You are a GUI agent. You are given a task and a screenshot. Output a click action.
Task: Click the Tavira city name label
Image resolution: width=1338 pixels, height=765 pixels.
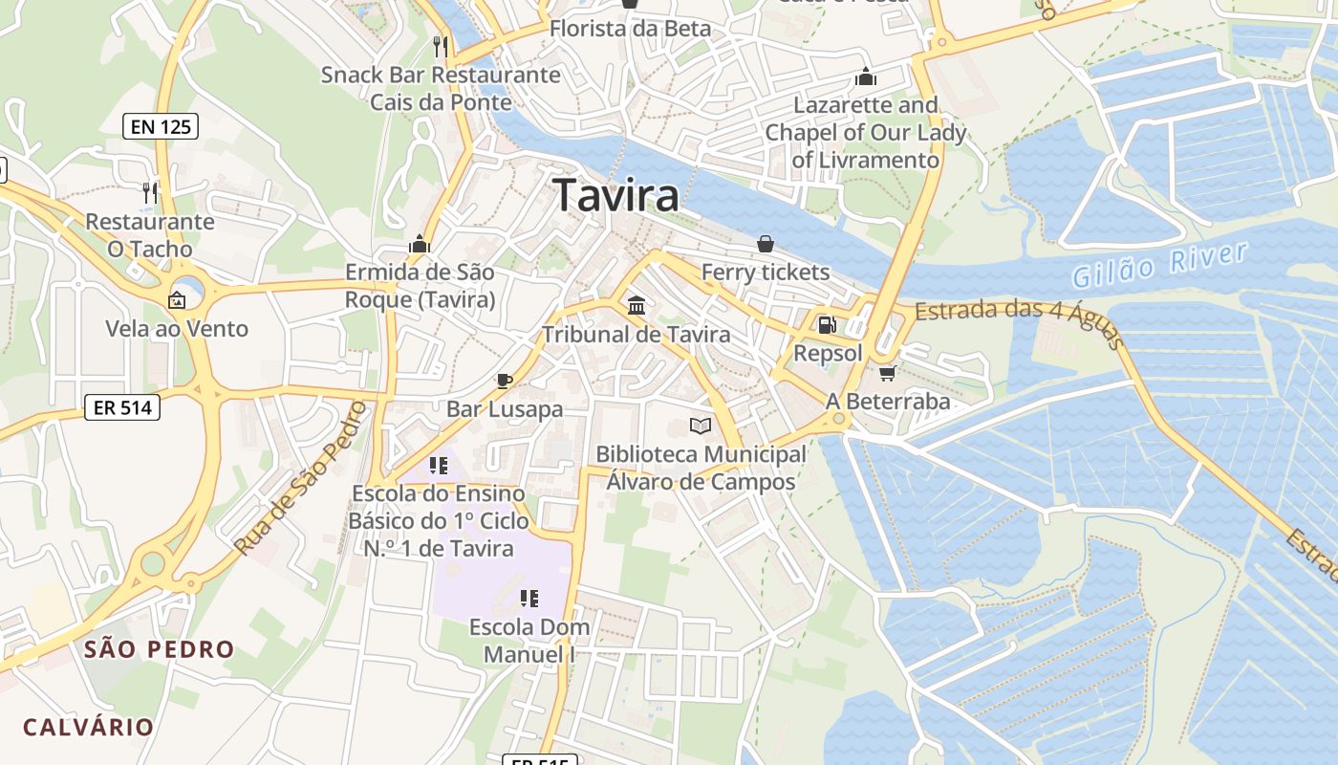pos(616,196)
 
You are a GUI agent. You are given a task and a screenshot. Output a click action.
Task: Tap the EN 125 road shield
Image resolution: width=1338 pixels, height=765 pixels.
pos(161,125)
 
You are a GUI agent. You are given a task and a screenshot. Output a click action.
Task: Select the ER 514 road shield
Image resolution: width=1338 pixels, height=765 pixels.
pos(121,407)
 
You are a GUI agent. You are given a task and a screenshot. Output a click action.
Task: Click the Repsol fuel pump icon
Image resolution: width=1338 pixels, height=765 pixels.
pos(827,325)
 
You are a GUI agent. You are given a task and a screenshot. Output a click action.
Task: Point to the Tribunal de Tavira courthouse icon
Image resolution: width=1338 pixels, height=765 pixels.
pos(636,306)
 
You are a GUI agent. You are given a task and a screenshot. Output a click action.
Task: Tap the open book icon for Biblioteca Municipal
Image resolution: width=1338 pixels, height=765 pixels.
pos(701,426)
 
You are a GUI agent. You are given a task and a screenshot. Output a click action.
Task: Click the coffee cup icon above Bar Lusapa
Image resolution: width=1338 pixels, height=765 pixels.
pos(505,381)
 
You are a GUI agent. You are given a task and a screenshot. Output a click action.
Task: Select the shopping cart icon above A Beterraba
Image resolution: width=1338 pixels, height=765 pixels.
pos(887,373)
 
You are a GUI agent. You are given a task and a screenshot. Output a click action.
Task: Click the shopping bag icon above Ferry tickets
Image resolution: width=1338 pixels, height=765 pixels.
pos(766,244)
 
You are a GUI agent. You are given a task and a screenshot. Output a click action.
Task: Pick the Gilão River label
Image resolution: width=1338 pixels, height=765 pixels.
pos(1159,265)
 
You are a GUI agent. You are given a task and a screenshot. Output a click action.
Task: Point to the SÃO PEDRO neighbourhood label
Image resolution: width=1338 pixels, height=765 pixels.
pos(159,649)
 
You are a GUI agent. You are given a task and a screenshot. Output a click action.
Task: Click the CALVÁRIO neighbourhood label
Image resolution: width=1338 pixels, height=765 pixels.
pos(89,727)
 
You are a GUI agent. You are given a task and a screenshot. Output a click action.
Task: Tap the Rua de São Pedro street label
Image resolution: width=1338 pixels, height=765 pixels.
pos(300,479)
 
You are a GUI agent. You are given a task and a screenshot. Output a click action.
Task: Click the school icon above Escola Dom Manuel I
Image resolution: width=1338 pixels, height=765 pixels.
pos(529,599)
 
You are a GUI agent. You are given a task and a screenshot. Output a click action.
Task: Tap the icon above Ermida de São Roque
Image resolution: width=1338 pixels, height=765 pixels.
pos(420,244)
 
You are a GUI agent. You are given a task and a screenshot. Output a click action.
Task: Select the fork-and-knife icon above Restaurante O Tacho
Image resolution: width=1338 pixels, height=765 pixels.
pos(149,193)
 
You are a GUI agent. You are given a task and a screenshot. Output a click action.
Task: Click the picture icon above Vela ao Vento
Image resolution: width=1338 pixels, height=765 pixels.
pos(177,300)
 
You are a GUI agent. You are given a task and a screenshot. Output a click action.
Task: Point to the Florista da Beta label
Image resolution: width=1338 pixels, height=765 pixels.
pos(630,29)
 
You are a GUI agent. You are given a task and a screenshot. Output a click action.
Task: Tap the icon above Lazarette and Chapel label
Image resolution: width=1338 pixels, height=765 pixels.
pos(865,76)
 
